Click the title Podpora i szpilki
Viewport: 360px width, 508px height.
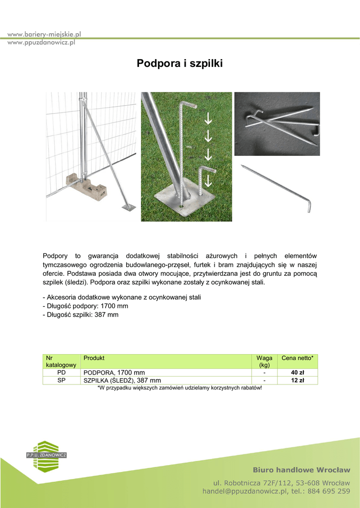coord(180,64)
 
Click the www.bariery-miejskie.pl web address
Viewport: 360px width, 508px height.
coord(44,34)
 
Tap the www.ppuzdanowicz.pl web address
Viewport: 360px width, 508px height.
coord(41,43)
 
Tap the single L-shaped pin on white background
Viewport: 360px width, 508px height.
coord(277,188)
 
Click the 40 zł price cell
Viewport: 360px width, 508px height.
coord(297,373)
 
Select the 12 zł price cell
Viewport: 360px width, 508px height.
coord(297,381)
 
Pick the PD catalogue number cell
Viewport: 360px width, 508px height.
coord(62,373)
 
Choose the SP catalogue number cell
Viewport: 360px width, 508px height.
coord(62,381)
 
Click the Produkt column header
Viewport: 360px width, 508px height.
coord(94,358)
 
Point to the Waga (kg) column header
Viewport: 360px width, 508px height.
coord(264,361)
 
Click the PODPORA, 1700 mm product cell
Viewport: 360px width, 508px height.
coord(114,373)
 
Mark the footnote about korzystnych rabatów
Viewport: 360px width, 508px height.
coord(179,388)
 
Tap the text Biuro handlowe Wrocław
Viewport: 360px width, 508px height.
coord(301,470)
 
